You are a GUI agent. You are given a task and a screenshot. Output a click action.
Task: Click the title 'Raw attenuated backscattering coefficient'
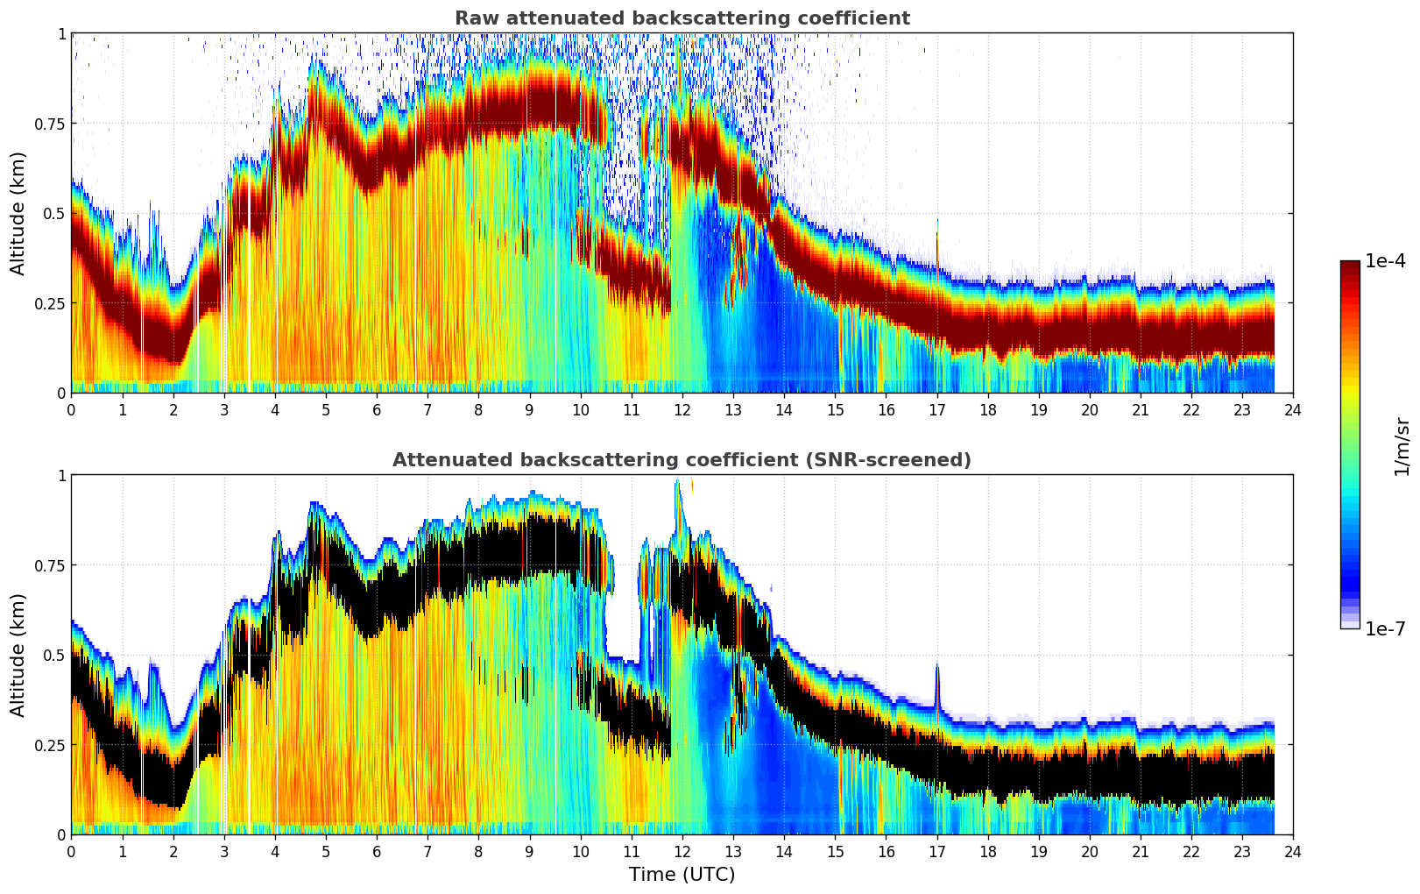pyautogui.click(x=682, y=18)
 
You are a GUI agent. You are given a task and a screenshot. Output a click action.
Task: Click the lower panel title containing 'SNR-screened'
pyautogui.click(x=682, y=460)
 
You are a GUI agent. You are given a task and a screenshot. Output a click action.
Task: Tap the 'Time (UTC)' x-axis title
pyautogui.click(x=682, y=875)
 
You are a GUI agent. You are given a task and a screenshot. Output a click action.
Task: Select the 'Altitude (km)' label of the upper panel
pyautogui.click(x=18, y=213)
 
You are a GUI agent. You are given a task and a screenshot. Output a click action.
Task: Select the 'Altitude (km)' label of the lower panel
pyautogui.click(x=18, y=655)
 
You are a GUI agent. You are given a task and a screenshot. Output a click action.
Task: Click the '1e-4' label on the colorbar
pyautogui.click(x=1385, y=261)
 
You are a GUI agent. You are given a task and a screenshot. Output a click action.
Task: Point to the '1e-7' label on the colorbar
pyautogui.click(x=1385, y=628)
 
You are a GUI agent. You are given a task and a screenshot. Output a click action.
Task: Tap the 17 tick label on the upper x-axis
pyautogui.click(x=936, y=409)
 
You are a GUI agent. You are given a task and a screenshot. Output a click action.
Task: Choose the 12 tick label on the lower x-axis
pyautogui.click(x=682, y=851)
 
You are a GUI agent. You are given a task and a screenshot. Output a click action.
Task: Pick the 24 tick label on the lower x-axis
pyautogui.click(x=1293, y=851)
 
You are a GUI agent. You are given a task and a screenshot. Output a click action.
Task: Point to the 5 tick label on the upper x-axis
pyautogui.click(x=326, y=409)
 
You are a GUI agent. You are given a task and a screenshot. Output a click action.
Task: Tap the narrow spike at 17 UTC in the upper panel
pyautogui.click(x=936, y=237)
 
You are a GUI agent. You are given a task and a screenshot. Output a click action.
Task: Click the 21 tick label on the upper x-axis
pyautogui.click(x=1140, y=409)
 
